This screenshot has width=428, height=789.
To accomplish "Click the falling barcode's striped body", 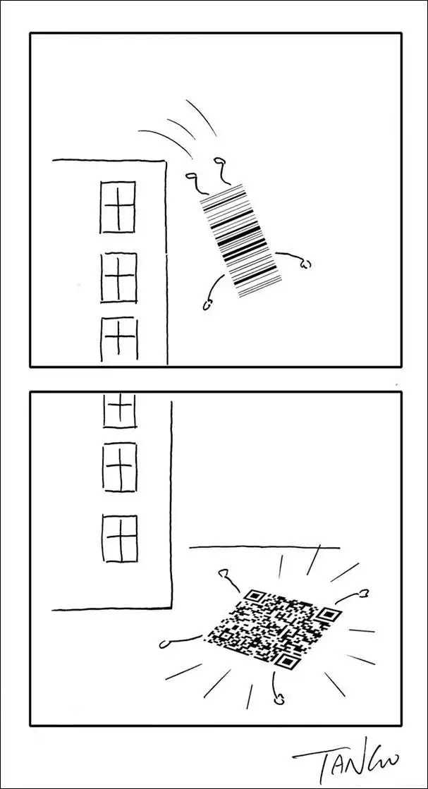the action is pos(240,240).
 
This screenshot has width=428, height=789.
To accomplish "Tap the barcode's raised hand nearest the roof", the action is pos(191,176).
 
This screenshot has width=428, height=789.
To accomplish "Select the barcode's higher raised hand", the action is pos(219,161).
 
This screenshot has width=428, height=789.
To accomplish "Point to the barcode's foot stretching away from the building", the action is pos(305,263).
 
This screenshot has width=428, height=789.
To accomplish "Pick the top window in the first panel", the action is pos(118,207).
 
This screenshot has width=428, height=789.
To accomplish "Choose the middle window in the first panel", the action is pos(118,277).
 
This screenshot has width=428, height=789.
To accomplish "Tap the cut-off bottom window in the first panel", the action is pos(119,340).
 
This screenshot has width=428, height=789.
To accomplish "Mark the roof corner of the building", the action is pos(165,161).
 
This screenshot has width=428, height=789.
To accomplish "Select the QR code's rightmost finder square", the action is pos(329,614).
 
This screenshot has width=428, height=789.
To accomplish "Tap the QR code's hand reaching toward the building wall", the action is pos(224,573).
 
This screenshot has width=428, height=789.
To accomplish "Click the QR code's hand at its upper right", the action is pos(364,594).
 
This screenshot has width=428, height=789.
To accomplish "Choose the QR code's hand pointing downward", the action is pos(278,698).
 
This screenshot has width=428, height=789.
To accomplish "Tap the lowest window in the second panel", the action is pos(120,538).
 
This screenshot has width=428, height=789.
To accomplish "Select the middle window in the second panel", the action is pos(120,466).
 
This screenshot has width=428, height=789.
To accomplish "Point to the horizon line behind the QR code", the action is pos(264,547).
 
